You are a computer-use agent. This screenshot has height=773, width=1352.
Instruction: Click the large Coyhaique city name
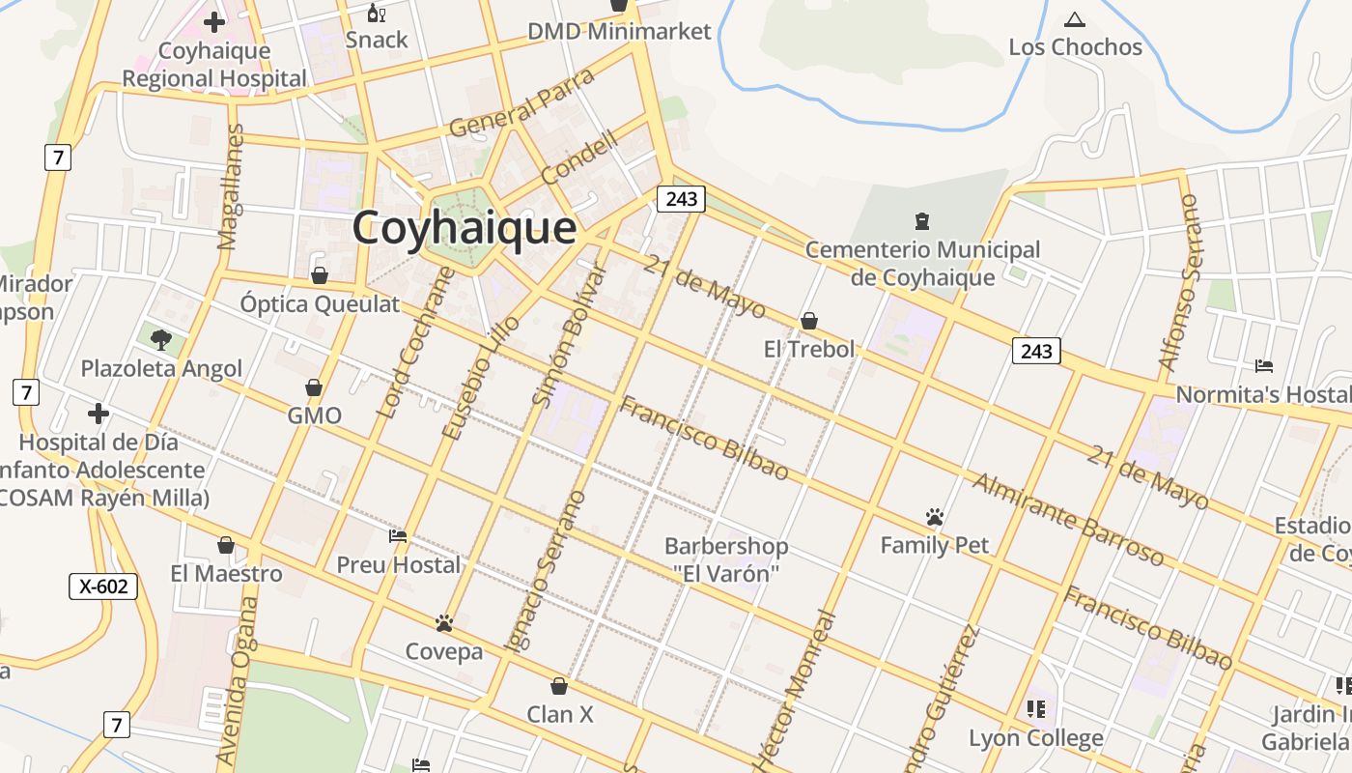(464, 229)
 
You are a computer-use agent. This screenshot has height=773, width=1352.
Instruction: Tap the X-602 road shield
(103, 587)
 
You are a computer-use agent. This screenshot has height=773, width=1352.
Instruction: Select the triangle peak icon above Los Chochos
(1074, 19)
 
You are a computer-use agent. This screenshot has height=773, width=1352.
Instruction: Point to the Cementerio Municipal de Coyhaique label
(922, 264)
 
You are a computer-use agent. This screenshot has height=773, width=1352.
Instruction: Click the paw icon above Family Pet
(934, 517)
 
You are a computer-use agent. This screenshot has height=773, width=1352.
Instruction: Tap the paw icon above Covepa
(444, 623)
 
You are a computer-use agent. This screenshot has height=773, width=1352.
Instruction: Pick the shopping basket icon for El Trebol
(809, 321)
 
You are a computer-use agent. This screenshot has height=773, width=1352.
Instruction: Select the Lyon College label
(1036, 739)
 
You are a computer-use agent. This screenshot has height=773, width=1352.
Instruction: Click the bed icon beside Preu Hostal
(398, 535)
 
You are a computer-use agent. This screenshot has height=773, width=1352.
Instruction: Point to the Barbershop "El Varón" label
(726, 559)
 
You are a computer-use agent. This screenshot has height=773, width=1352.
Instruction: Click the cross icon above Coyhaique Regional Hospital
(214, 21)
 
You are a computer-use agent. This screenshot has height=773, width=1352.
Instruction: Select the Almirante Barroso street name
(1067, 519)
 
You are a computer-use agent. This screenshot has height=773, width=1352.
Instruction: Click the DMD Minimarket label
(619, 32)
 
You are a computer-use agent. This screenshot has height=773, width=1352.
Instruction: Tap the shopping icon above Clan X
(558, 687)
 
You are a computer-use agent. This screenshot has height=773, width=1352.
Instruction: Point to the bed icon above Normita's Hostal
(1263, 365)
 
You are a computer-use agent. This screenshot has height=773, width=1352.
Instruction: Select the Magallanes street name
(231, 186)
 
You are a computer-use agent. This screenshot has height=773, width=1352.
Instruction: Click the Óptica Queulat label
(320, 304)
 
